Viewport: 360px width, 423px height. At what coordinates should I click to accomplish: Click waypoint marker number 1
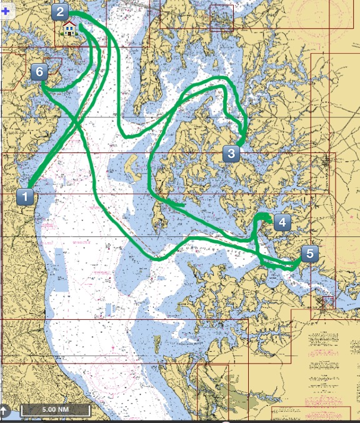(24, 197)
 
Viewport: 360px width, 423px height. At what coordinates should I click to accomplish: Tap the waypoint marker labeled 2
(60, 11)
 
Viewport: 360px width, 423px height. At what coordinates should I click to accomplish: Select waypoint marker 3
(231, 153)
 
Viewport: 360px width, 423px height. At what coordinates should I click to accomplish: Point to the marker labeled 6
(39, 72)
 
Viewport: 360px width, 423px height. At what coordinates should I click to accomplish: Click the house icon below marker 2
(69, 28)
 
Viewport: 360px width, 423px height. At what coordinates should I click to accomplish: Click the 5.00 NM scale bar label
(56, 411)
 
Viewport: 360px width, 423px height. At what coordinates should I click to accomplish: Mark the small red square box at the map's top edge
(221, 17)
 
